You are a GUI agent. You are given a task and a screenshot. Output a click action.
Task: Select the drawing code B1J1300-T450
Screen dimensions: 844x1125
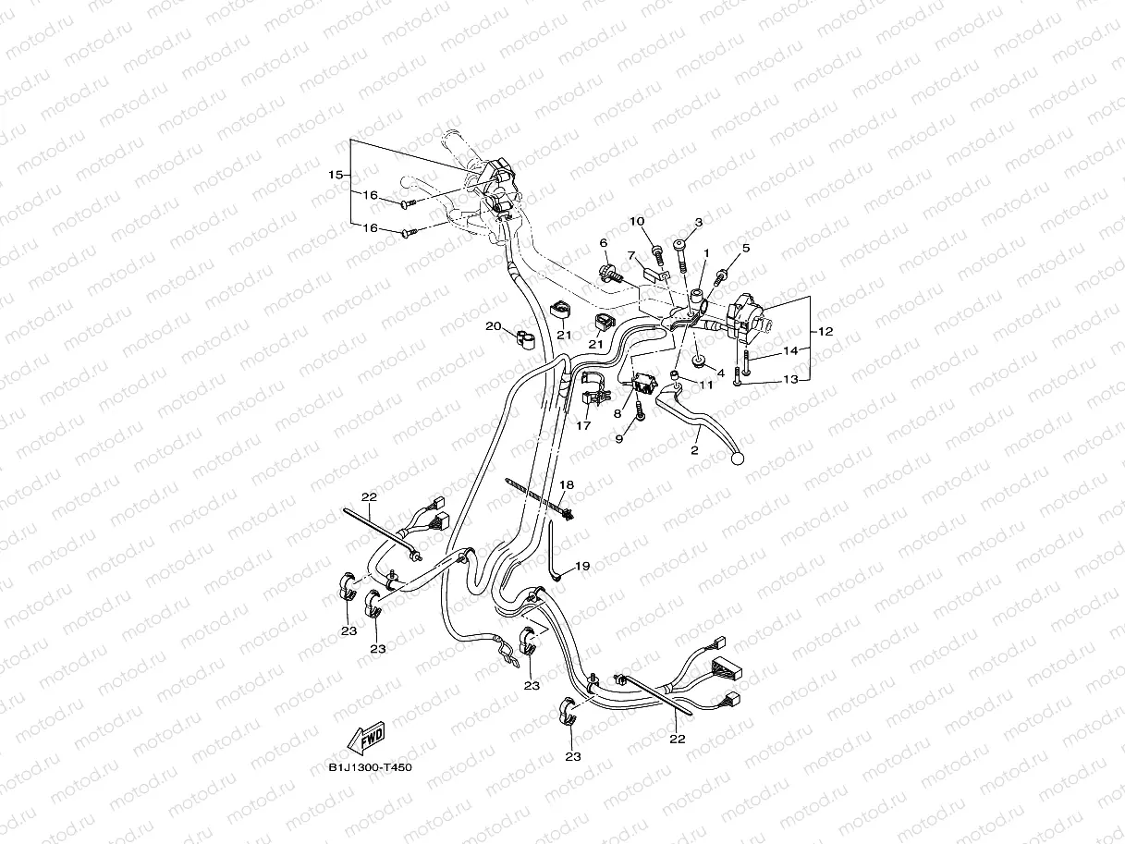(x=370, y=766)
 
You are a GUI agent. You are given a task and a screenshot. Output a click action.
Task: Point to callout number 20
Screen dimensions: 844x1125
(x=493, y=326)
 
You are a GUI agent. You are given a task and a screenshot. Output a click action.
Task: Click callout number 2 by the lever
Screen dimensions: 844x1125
(x=694, y=450)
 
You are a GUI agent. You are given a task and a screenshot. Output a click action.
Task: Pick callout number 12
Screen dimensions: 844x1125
(x=825, y=332)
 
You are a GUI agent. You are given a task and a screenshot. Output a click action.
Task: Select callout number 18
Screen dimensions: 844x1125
(x=567, y=484)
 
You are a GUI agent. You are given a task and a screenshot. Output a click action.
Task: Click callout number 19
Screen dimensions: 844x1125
(x=581, y=565)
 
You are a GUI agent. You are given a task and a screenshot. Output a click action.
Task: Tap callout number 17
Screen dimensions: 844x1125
(x=583, y=426)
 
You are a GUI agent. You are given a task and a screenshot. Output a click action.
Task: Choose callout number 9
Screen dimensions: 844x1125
(x=620, y=440)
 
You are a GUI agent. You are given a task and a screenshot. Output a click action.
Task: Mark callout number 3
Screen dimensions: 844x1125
(x=699, y=223)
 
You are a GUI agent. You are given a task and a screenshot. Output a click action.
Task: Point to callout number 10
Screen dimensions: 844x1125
(x=663, y=222)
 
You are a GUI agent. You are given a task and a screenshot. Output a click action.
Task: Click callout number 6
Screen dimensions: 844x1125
(x=604, y=242)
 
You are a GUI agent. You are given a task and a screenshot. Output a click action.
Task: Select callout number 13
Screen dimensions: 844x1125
(x=789, y=379)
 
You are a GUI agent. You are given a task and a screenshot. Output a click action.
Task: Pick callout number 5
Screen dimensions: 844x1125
(x=745, y=248)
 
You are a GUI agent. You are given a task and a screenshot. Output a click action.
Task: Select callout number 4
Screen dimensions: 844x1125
(x=720, y=373)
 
